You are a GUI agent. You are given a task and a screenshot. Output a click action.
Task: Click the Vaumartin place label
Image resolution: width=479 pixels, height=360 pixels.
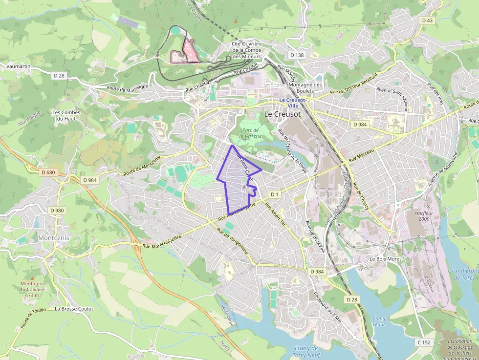pyautogui.click(x=19, y=66)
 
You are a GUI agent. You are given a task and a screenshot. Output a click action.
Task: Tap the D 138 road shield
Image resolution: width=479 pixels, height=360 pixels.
pyautogui.click(x=297, y=55)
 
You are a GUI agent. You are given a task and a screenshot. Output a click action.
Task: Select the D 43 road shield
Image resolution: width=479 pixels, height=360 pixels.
pyautogui.click(x=427, y=20)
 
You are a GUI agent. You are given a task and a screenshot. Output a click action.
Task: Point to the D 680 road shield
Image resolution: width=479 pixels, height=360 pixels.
pyautogui.click(x=48, y=172)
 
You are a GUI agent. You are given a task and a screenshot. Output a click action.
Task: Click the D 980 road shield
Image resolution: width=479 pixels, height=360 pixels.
pyautogui.click(x=57, y=211)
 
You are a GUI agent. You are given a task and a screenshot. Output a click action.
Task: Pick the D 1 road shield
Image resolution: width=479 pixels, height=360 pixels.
pyautogui.click(x=274, y=194)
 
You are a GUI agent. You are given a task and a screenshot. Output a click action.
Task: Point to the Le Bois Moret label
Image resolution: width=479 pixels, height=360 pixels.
pyautogui.click(x=385, y=259)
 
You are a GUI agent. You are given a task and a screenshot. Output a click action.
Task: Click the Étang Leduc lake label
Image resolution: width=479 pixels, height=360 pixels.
pyautogui.click(x=379, y=321)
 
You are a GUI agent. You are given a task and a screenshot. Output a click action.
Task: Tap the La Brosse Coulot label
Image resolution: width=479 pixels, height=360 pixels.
pyautogui.click(x=74, y=309)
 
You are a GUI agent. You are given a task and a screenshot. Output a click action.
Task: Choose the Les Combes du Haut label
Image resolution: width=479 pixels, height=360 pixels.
pyautogui.click(x=66, y=115)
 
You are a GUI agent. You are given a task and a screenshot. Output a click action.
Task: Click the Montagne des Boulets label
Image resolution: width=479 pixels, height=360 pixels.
pyautogui.click(x=305, y=87)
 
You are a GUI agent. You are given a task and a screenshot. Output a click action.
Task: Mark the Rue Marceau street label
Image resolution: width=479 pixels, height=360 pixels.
pyautogui.click(x=361, y=156)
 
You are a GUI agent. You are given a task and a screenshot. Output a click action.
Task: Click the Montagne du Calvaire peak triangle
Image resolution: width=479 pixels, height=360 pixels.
pyautogui.click(x=32, y=277)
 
